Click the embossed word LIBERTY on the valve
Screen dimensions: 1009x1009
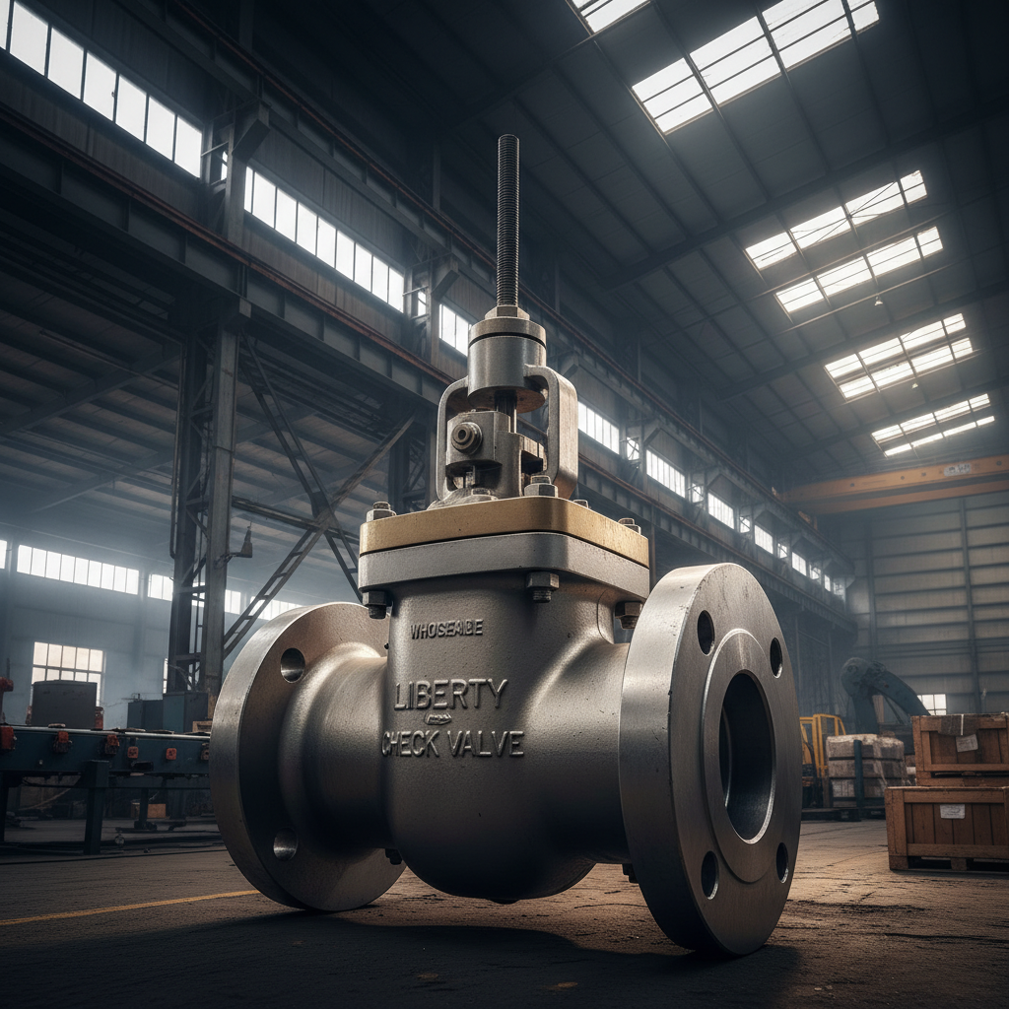450,694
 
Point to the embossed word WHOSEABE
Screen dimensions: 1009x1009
446,629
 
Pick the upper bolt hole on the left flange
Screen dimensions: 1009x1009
292,664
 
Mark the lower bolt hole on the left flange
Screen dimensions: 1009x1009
285,844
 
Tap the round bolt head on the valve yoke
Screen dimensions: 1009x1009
466,437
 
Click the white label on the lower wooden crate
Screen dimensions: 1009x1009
951,811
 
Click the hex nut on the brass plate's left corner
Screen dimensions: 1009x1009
380,510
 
